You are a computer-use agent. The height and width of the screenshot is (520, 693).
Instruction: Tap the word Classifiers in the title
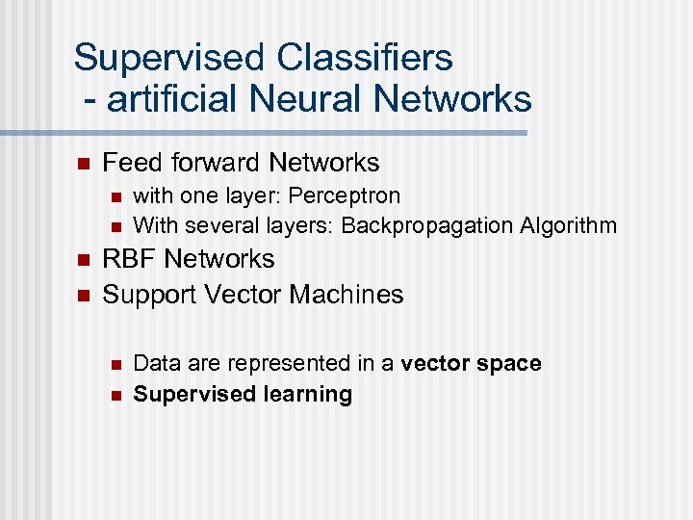point(365,58)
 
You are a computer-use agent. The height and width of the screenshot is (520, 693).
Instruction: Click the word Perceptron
point(344,196)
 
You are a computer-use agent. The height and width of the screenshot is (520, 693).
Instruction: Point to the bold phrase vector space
point(471,363)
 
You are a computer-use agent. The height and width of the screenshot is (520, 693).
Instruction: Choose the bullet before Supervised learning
point(115,395)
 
